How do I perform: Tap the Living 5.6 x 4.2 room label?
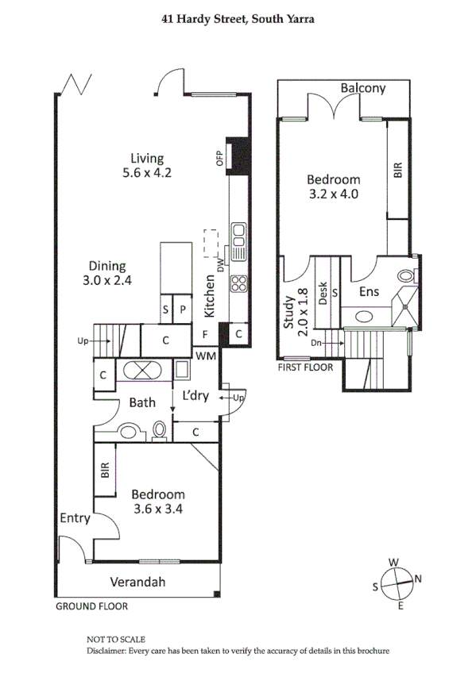[147, 164]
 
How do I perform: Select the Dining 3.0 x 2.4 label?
[106, 273]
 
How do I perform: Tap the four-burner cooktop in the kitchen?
[238, 283]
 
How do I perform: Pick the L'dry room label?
[195, 394]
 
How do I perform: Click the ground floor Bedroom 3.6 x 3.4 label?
[158, 501]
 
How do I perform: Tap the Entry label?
[75, 518]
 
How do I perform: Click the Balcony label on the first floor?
[362, 88]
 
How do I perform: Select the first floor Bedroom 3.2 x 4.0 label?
[334, 186]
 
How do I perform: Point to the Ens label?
[369, 292]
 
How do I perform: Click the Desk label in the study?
[323, 294]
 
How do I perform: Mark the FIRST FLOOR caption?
[304, 367]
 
